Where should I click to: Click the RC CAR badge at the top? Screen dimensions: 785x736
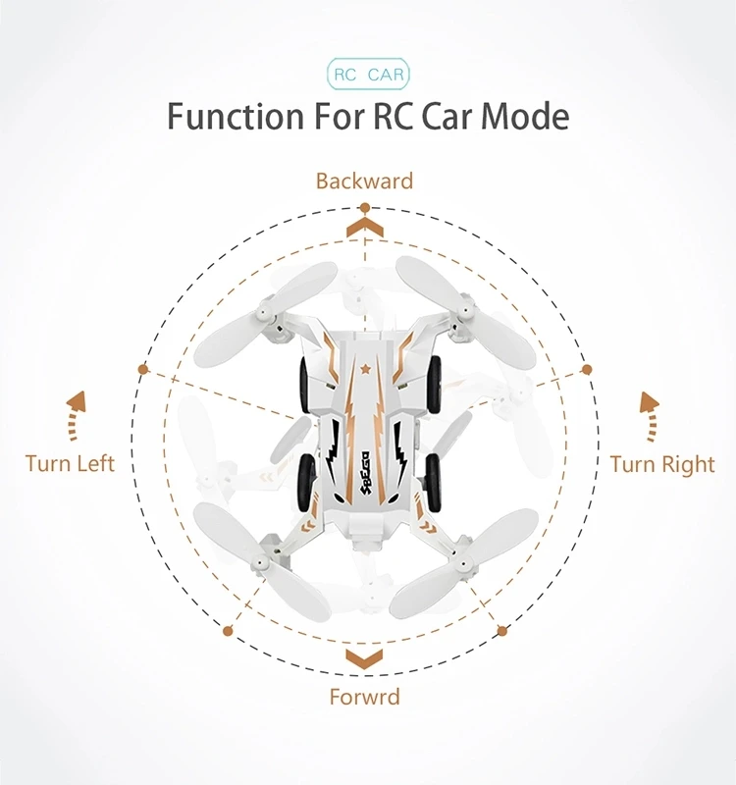coord(368,75)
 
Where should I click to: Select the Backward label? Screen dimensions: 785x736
coord(364,181)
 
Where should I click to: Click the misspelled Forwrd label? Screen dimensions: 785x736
coord(364,698)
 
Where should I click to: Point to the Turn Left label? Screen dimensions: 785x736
coord(70,463)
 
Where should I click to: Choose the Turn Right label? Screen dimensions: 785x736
coord(662,463)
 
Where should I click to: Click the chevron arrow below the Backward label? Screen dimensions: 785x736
coord(365,229)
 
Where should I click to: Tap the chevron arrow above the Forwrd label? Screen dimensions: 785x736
coord(365,655)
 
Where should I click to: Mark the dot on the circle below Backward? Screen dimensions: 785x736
coord(365,208)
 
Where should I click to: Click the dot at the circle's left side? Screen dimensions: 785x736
coord(143,370)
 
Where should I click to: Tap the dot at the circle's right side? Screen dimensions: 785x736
coord(587,370)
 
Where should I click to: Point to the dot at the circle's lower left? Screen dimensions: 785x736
coord(229,630)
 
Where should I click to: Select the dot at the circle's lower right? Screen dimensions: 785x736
coord(502,630)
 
